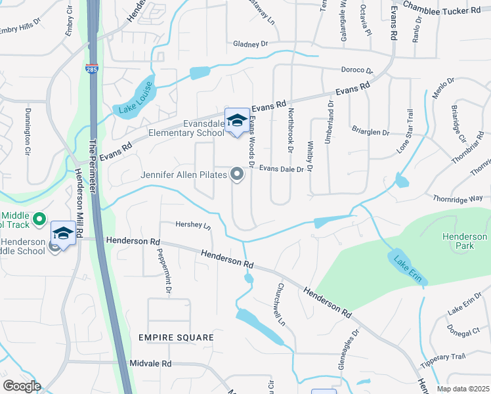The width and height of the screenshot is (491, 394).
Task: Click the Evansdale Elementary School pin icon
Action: pos(237,121)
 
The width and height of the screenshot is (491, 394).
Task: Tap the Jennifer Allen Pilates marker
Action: pos(237,175)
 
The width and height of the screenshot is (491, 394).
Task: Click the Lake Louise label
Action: pos(135,98)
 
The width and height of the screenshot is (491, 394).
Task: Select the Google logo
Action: pos(22,386)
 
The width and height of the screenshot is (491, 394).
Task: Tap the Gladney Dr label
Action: pos(251,44)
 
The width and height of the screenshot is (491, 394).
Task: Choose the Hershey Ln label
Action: pos(193,225)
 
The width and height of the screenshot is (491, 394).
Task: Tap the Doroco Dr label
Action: pos(356,70)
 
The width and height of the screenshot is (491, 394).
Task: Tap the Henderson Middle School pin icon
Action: pos(63,234)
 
